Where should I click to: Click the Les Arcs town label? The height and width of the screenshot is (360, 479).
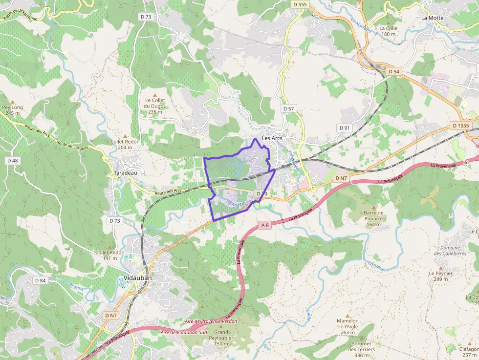point(272,138)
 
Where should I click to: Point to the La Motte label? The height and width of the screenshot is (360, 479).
point(432,18)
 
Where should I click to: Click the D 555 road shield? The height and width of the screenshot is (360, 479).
point(300,4)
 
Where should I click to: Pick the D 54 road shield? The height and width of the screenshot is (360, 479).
point(394,71)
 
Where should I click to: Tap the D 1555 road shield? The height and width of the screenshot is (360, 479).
point(460,126)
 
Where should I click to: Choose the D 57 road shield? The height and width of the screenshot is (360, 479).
point(288,108)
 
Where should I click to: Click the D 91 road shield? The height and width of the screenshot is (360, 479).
point(345,127)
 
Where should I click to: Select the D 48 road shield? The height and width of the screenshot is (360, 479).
point(13,160)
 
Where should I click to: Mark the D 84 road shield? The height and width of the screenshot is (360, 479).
point(40,280)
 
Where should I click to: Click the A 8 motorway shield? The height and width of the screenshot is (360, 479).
point(264,225)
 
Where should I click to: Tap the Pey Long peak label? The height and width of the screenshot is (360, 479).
point(13,110)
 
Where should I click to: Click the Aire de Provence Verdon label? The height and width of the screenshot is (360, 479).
point(211,321)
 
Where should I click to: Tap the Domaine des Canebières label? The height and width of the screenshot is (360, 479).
point(450,251)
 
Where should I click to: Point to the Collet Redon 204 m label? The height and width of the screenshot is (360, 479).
point(125,144)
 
